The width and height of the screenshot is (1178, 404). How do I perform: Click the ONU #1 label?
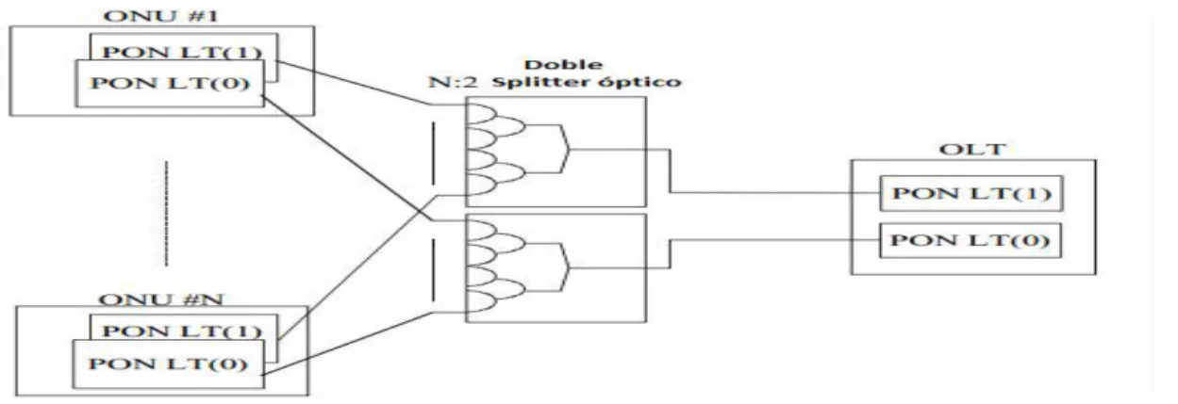160,16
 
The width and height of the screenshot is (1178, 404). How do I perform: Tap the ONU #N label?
161,299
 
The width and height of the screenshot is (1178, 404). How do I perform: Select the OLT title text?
972,149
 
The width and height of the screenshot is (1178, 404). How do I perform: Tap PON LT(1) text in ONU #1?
182,52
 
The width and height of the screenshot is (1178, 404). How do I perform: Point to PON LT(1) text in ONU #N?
182,331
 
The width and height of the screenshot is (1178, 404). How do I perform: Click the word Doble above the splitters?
563,65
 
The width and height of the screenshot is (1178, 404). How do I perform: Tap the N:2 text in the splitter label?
453,82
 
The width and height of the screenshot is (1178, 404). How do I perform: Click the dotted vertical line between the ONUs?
167,213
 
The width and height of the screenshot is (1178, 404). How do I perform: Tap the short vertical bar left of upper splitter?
433,154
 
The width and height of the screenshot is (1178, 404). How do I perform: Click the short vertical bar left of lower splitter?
433,270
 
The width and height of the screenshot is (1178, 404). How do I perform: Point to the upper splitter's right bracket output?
564,149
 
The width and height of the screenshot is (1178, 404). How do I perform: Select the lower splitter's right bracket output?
564,267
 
